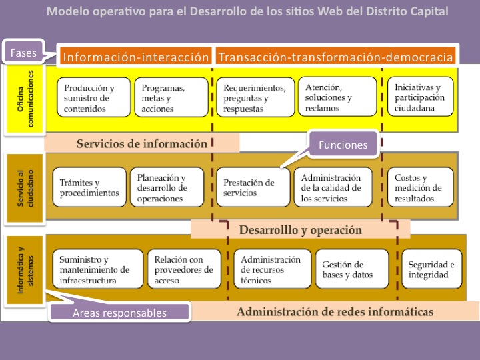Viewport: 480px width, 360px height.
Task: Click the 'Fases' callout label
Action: [23, 51]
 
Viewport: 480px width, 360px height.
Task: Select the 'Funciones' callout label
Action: [343, 144]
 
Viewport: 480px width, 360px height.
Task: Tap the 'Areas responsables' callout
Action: [119, 311]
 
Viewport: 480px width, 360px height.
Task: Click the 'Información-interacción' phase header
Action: [135, 57]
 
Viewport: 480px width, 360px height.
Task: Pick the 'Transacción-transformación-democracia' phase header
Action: [335, 57]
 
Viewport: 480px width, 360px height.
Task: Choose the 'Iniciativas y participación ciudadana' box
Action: [420, 97]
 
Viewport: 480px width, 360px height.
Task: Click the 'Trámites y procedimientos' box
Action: [89, 187]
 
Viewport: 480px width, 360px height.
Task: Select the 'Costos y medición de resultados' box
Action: [420, 187]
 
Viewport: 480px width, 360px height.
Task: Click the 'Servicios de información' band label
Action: [141, 143]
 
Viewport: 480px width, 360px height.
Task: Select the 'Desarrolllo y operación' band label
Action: [300, 230]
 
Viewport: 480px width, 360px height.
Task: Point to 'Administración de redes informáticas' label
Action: [335, 311]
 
